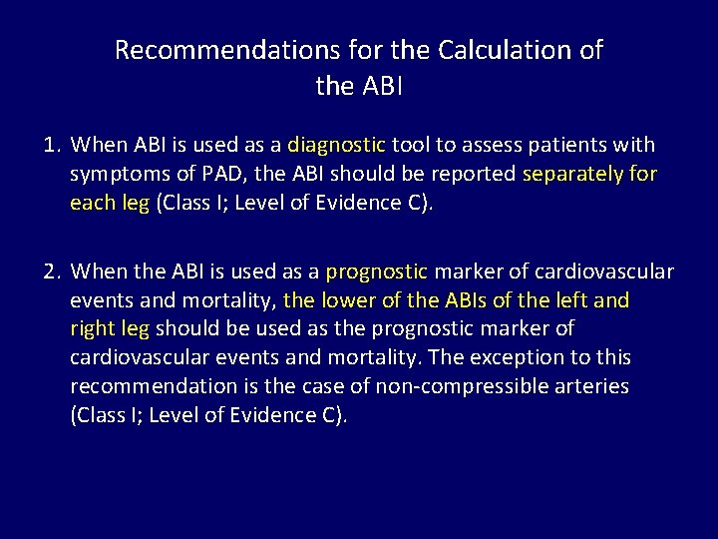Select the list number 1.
click(x=52, y=146)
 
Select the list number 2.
click(x=52, y=271)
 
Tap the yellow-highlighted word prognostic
click(x=376, y=271)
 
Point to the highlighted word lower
click(x=343, y=299)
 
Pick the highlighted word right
click(x=92, y=328)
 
